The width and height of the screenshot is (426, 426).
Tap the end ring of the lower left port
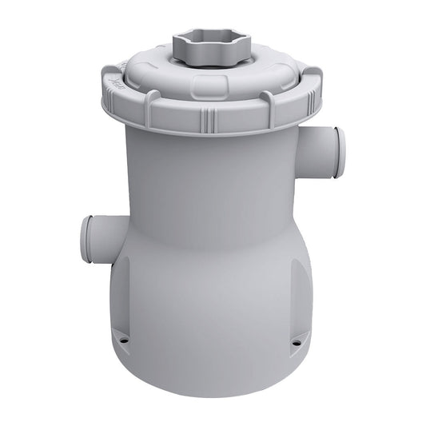[84, 238]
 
